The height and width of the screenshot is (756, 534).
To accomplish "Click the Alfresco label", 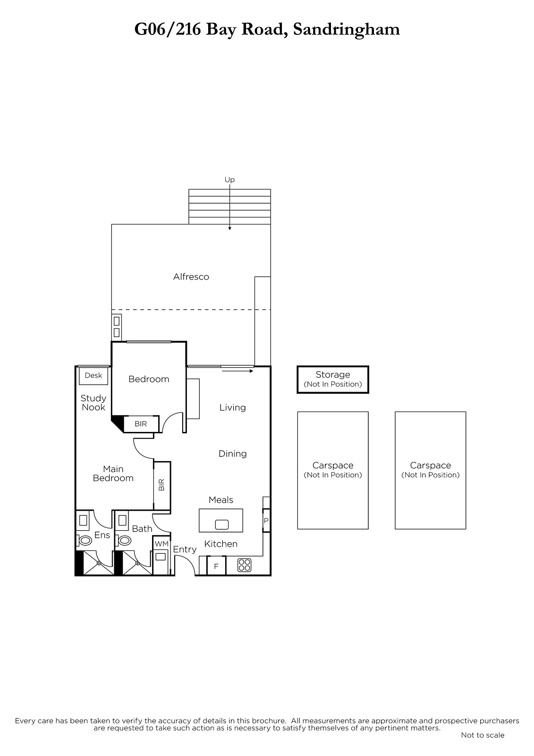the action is click(191, 277).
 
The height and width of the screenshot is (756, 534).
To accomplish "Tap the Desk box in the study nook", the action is click(93, 376).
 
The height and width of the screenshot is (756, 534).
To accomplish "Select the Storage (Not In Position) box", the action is click(332, 379).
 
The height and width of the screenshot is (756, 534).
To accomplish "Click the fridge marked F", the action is click(216, 566).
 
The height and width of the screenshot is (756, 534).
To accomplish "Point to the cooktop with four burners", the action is click(244, 565).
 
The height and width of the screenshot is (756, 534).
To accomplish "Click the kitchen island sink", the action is click(221, 524).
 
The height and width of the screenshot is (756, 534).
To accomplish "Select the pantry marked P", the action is click(266, 520).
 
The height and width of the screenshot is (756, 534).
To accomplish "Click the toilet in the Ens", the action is click(85, 541).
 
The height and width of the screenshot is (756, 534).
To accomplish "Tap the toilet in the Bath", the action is click(125, 541).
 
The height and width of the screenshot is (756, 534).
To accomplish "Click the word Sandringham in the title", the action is click(347, 30).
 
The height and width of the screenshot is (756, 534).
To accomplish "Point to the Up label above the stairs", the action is click(229, 180).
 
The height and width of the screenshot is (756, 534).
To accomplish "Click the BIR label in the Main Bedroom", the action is click(161, 485).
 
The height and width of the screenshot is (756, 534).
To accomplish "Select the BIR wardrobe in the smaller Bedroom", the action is click(141, 423).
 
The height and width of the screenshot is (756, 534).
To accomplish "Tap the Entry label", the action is click(185, 550).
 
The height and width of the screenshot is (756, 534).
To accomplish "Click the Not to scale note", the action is click(483, 735).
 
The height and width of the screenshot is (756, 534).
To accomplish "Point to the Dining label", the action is click(232, 454).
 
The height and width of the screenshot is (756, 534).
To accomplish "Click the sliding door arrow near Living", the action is click(237, 371).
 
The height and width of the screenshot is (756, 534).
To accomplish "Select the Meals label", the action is click(220, 500).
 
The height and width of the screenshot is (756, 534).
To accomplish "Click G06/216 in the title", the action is click(167, 30).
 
